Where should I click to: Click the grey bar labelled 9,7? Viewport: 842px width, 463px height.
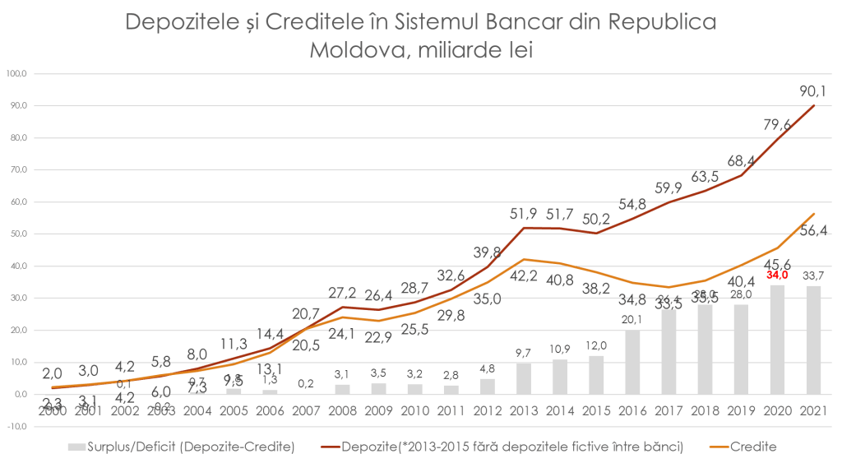point(523,378)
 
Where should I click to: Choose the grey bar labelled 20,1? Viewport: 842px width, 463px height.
point(632,363)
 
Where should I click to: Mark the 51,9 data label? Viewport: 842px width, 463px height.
point(524,214)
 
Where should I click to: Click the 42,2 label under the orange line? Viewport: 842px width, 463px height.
point(524,275)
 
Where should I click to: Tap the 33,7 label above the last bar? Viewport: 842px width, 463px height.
point(813,275)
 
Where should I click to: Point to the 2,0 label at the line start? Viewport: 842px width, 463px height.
point(52,374)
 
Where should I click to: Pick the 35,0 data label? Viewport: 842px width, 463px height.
point(488,299)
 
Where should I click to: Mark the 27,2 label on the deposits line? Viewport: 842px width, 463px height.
point(342,292)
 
